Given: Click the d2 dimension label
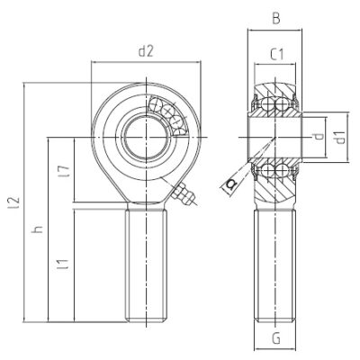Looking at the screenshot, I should (x=145, y=51).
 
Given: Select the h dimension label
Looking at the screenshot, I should (x=37, y=230).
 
